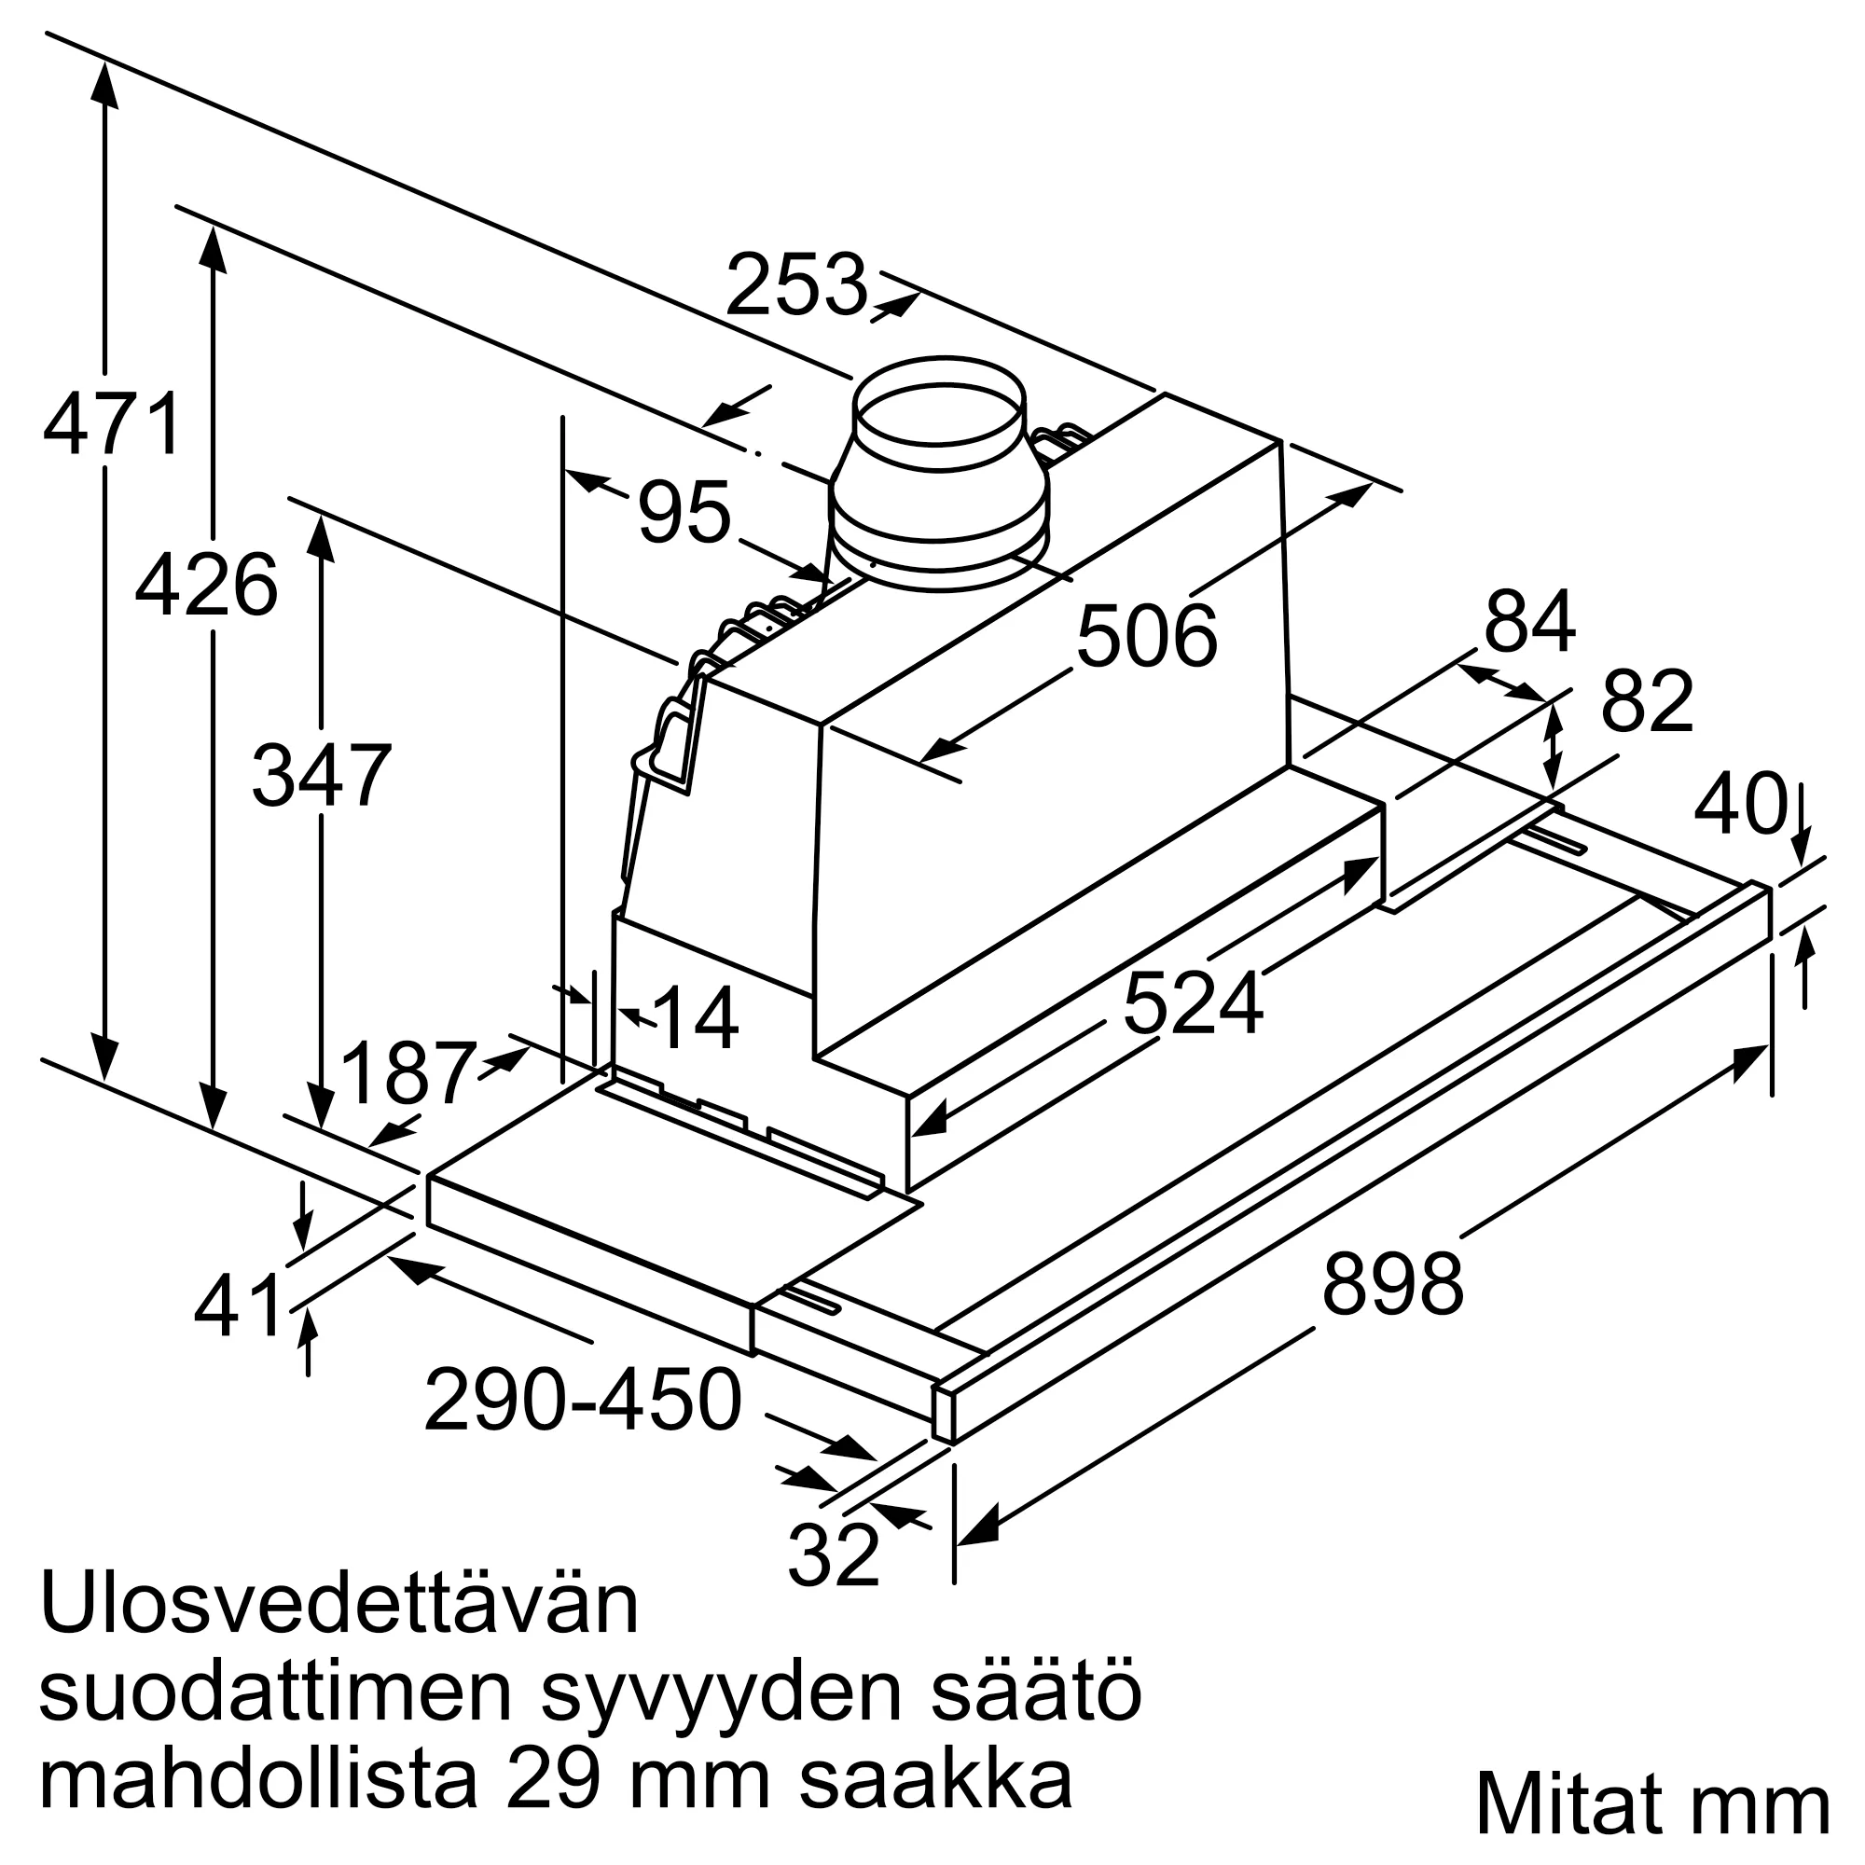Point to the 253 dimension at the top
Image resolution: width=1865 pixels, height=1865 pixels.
click(796, 285)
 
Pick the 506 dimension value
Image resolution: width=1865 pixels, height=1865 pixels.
click(1147, 636)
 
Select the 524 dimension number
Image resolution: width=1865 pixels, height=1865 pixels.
click(1194, 1005)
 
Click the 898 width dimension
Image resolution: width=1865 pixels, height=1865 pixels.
click(1392, 1285)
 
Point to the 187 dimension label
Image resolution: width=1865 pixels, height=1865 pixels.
click(408, 1072)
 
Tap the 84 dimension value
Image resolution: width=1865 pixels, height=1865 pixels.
click(1530, 623)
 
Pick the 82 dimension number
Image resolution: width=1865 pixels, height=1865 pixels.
click(1647, 703)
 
